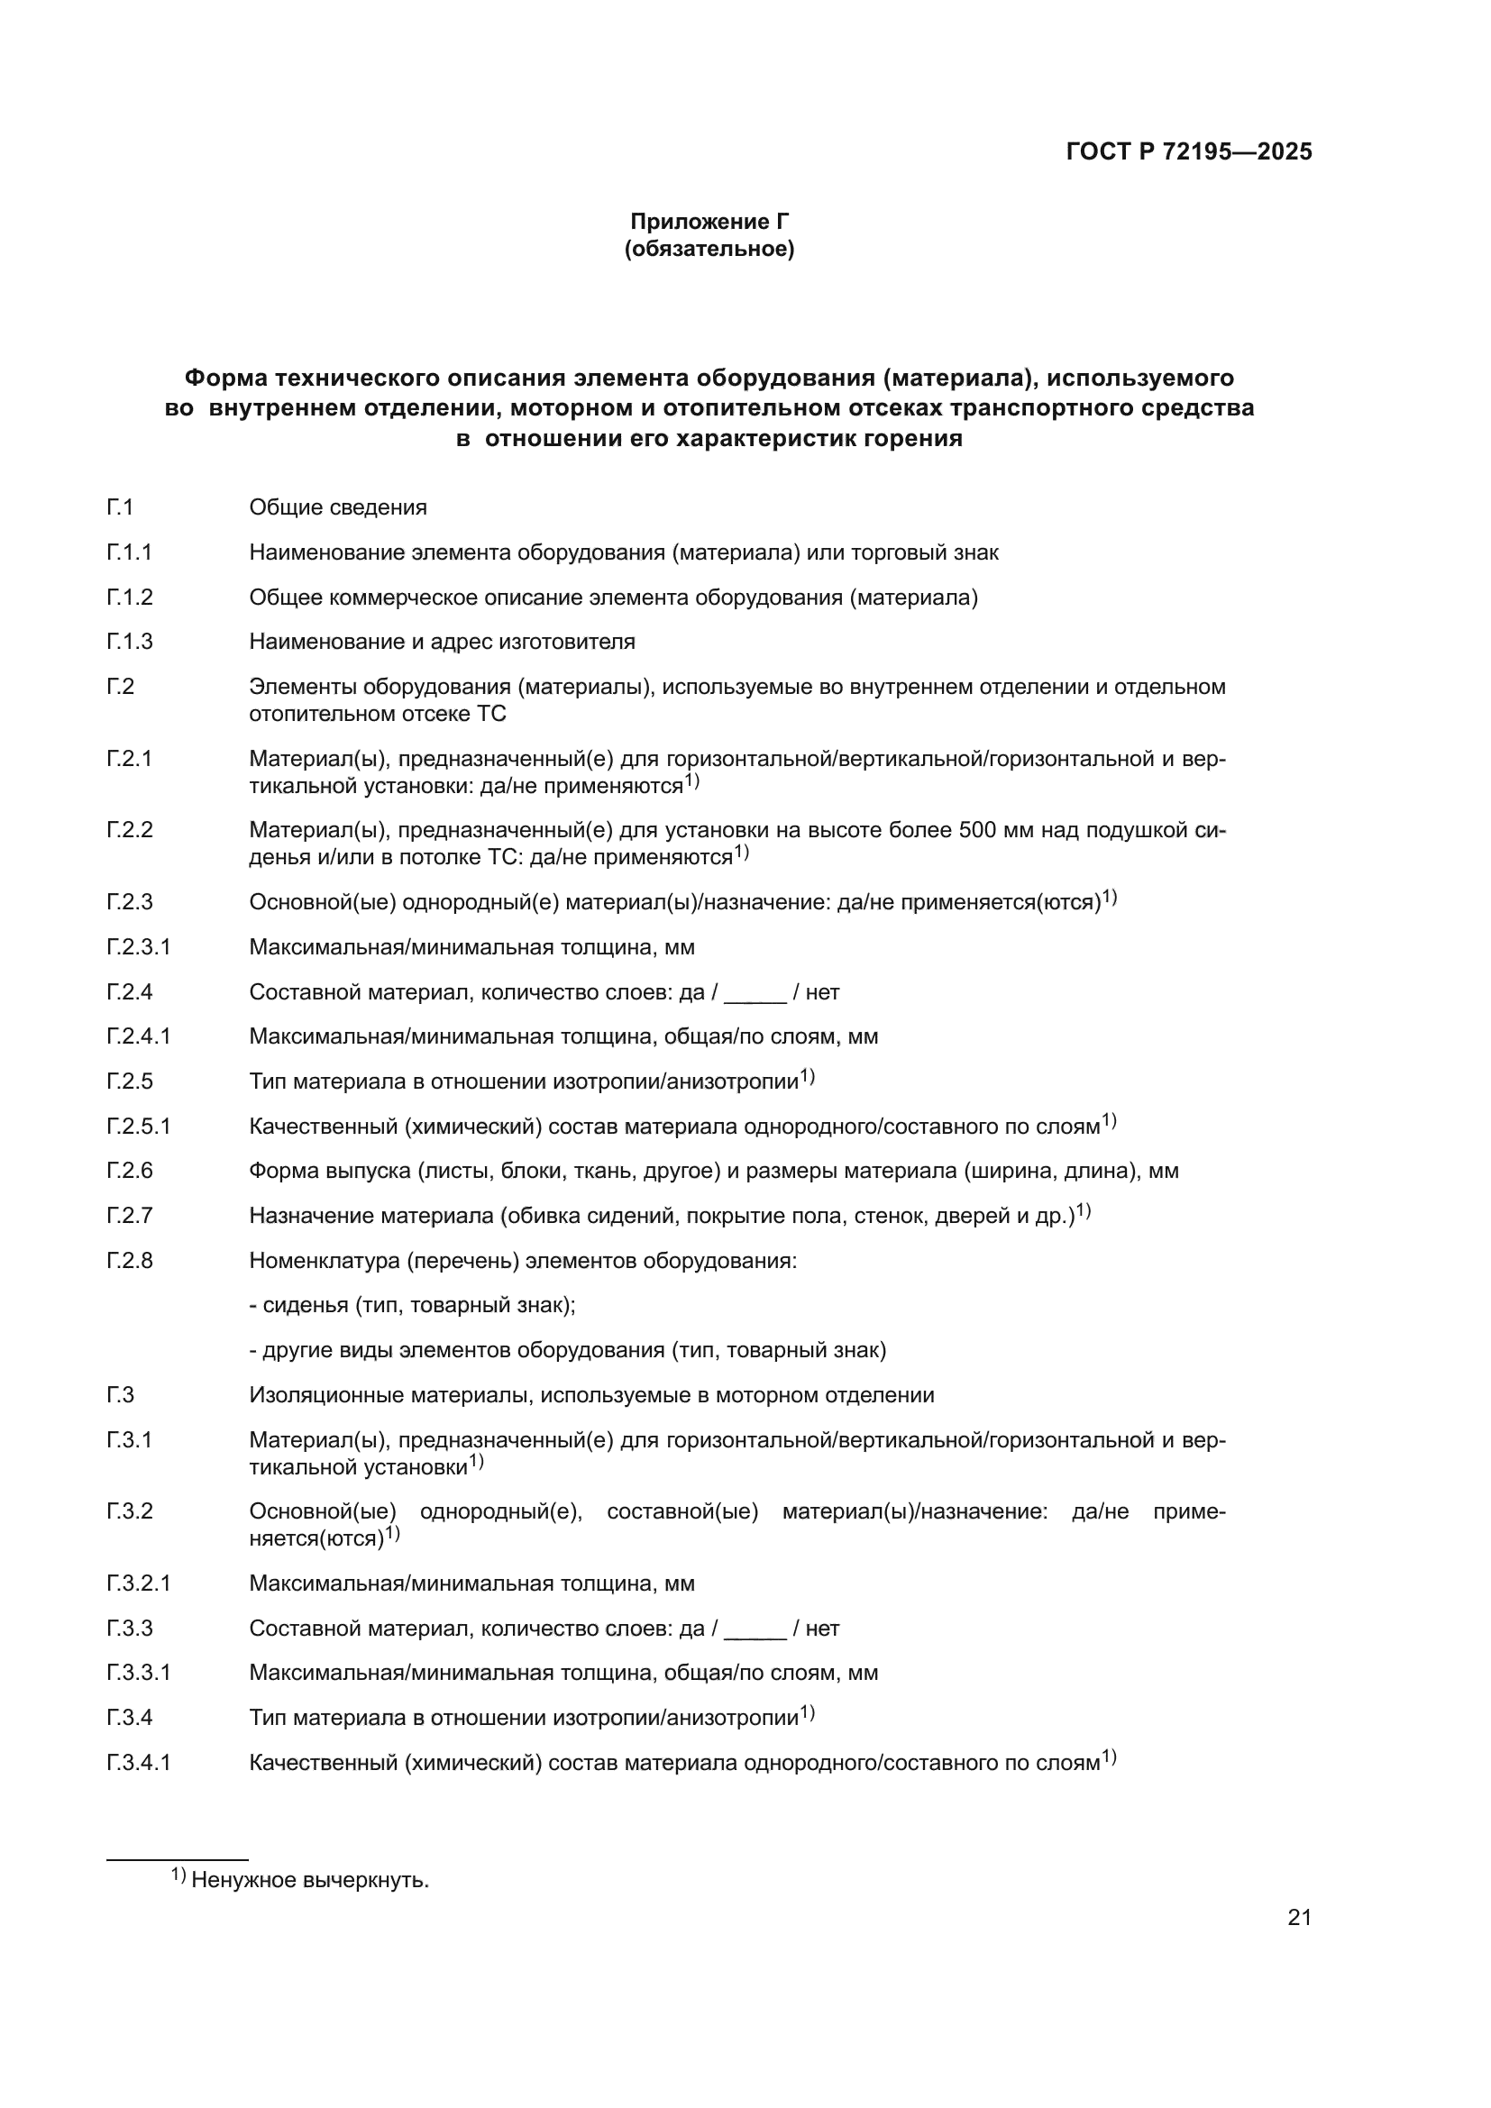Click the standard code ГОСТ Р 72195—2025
click(x=1189, y=151)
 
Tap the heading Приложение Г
click(x=709, y=222)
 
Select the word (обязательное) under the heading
click(x=709, y=249)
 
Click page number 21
click(x=1299, y=1917)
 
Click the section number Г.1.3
click(x=130, y=642)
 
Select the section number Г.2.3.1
click(x=138, y=946)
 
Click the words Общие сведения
click(x=338, y=507)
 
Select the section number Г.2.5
click(x=130, y=1081)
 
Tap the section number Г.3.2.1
click(x=138, y=1583)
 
